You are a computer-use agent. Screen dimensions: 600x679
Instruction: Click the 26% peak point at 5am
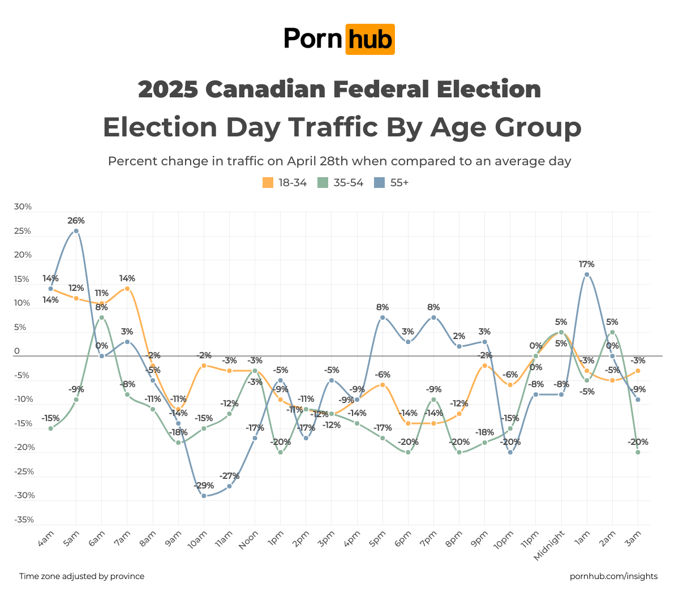pyautogui.click(x=76, y=231)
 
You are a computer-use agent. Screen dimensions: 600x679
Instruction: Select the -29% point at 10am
pyautogui.click(x=204, y=496)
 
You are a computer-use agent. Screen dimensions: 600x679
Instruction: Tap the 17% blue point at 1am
pyautogui.click(x=587, y=275)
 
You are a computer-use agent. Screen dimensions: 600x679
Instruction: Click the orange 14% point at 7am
pyautogui.click(x=127, y=289)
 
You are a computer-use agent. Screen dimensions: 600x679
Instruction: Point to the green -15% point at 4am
pyautogui.click(x=51, y=428)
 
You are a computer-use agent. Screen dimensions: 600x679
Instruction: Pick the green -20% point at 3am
pyautogui.click(x=638, y=452)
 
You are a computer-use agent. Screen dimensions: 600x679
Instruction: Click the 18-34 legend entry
pyautogui.click(x=285, y=183)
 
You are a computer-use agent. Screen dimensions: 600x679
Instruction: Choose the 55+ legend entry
pyautogui.click(x=392, y=183)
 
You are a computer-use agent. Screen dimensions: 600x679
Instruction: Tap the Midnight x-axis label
pyautogui.click(x=549, y=545)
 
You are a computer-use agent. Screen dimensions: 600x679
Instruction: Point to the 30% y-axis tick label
pyautogui.click(x=23, y=207)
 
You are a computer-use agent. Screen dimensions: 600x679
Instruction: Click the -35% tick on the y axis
pyautogui.click(x=23, y=520)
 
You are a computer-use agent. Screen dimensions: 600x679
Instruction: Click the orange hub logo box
pyautogui.click(x=369, y=40)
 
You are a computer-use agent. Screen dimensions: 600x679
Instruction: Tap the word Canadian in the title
pyautogui.click(x=265, y=89)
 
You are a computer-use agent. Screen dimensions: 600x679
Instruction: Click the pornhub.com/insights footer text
pyautogui.click(x=613, y=576)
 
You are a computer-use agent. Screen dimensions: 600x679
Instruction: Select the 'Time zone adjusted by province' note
pyautogui.click(x=82, y=576)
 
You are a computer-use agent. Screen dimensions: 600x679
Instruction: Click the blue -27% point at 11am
pyautogui.click(x=229, y=486)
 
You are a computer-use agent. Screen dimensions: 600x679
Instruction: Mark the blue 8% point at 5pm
pyautogui.click(x=383, y=318)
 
